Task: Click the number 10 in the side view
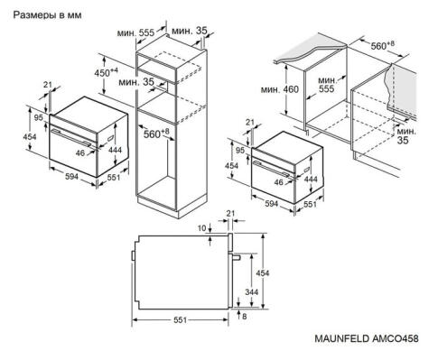pyautogui.click(x=203, y=228)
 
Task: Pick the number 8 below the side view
pyautogui.click(x=244, y=317)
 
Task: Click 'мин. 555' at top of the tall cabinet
pyautogui.click(x=134, y=32)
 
